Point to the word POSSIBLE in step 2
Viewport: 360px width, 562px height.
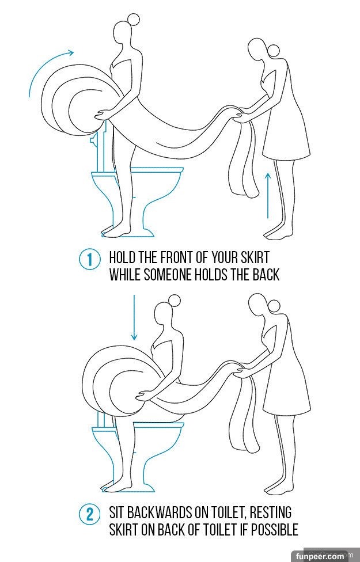(x=274, y=529)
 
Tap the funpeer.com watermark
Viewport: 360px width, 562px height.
(x=320, y=556)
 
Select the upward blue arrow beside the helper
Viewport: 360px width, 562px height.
(x=268, y=195)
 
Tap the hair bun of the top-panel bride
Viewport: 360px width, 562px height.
(x=134, y=20)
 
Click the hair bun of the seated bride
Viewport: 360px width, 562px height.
(x=175, y=301)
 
